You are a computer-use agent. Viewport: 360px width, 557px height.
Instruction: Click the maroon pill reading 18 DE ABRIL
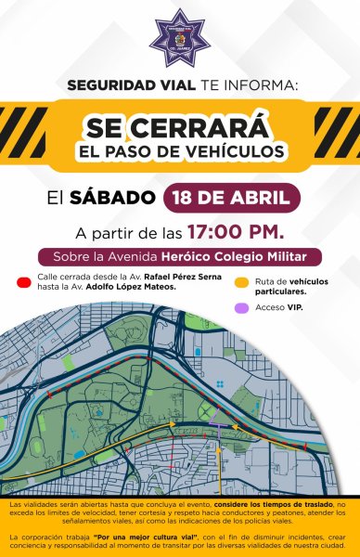[232, 198]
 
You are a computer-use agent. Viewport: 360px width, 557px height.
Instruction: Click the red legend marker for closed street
[27, 278]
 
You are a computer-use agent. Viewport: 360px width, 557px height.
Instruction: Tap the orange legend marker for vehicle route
[241, 282]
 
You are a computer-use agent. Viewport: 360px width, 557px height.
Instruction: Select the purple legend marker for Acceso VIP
[241, 306]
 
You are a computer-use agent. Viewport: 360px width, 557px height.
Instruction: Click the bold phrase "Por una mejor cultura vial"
[130, 538]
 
